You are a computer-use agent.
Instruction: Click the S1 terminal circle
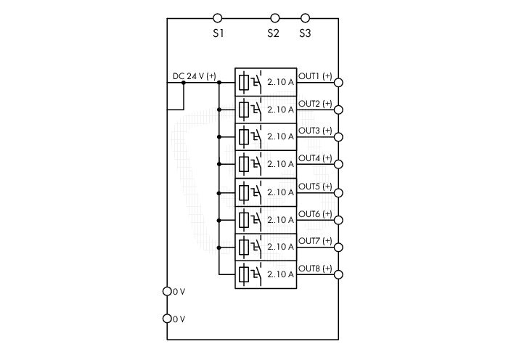tap(218, 18)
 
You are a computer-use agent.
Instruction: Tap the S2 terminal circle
tap(274, 18)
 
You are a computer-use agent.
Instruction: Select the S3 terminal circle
tap(305, 18)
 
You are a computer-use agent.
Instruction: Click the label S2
tap(273, 33)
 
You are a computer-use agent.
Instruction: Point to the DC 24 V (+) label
tap(195, 76)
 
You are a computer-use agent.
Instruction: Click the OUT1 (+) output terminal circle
tap(338, 83)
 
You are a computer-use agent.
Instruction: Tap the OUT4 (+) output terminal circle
tap(338, 164)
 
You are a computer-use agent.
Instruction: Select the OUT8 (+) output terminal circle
tap(338, 274)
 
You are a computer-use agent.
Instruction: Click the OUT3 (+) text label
tap(315, 131)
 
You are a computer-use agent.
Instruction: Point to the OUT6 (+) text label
tap(315, 213)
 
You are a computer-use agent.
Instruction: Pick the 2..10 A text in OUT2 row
tap(280, 110)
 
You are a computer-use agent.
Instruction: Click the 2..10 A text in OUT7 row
tap(280, 247)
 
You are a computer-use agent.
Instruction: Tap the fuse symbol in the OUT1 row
tap(244, 83)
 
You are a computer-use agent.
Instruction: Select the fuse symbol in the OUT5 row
tap(244, 193)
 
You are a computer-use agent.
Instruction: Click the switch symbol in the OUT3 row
tap(256, 136)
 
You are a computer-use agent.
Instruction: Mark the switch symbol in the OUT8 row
tap(256, 274)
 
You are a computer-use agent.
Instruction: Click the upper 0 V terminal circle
tap(167, 291)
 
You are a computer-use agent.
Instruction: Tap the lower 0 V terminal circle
tap(167, 319)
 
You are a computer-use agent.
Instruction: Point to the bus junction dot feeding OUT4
tap(219, 164)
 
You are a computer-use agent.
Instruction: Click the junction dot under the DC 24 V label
tap(184, 83)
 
